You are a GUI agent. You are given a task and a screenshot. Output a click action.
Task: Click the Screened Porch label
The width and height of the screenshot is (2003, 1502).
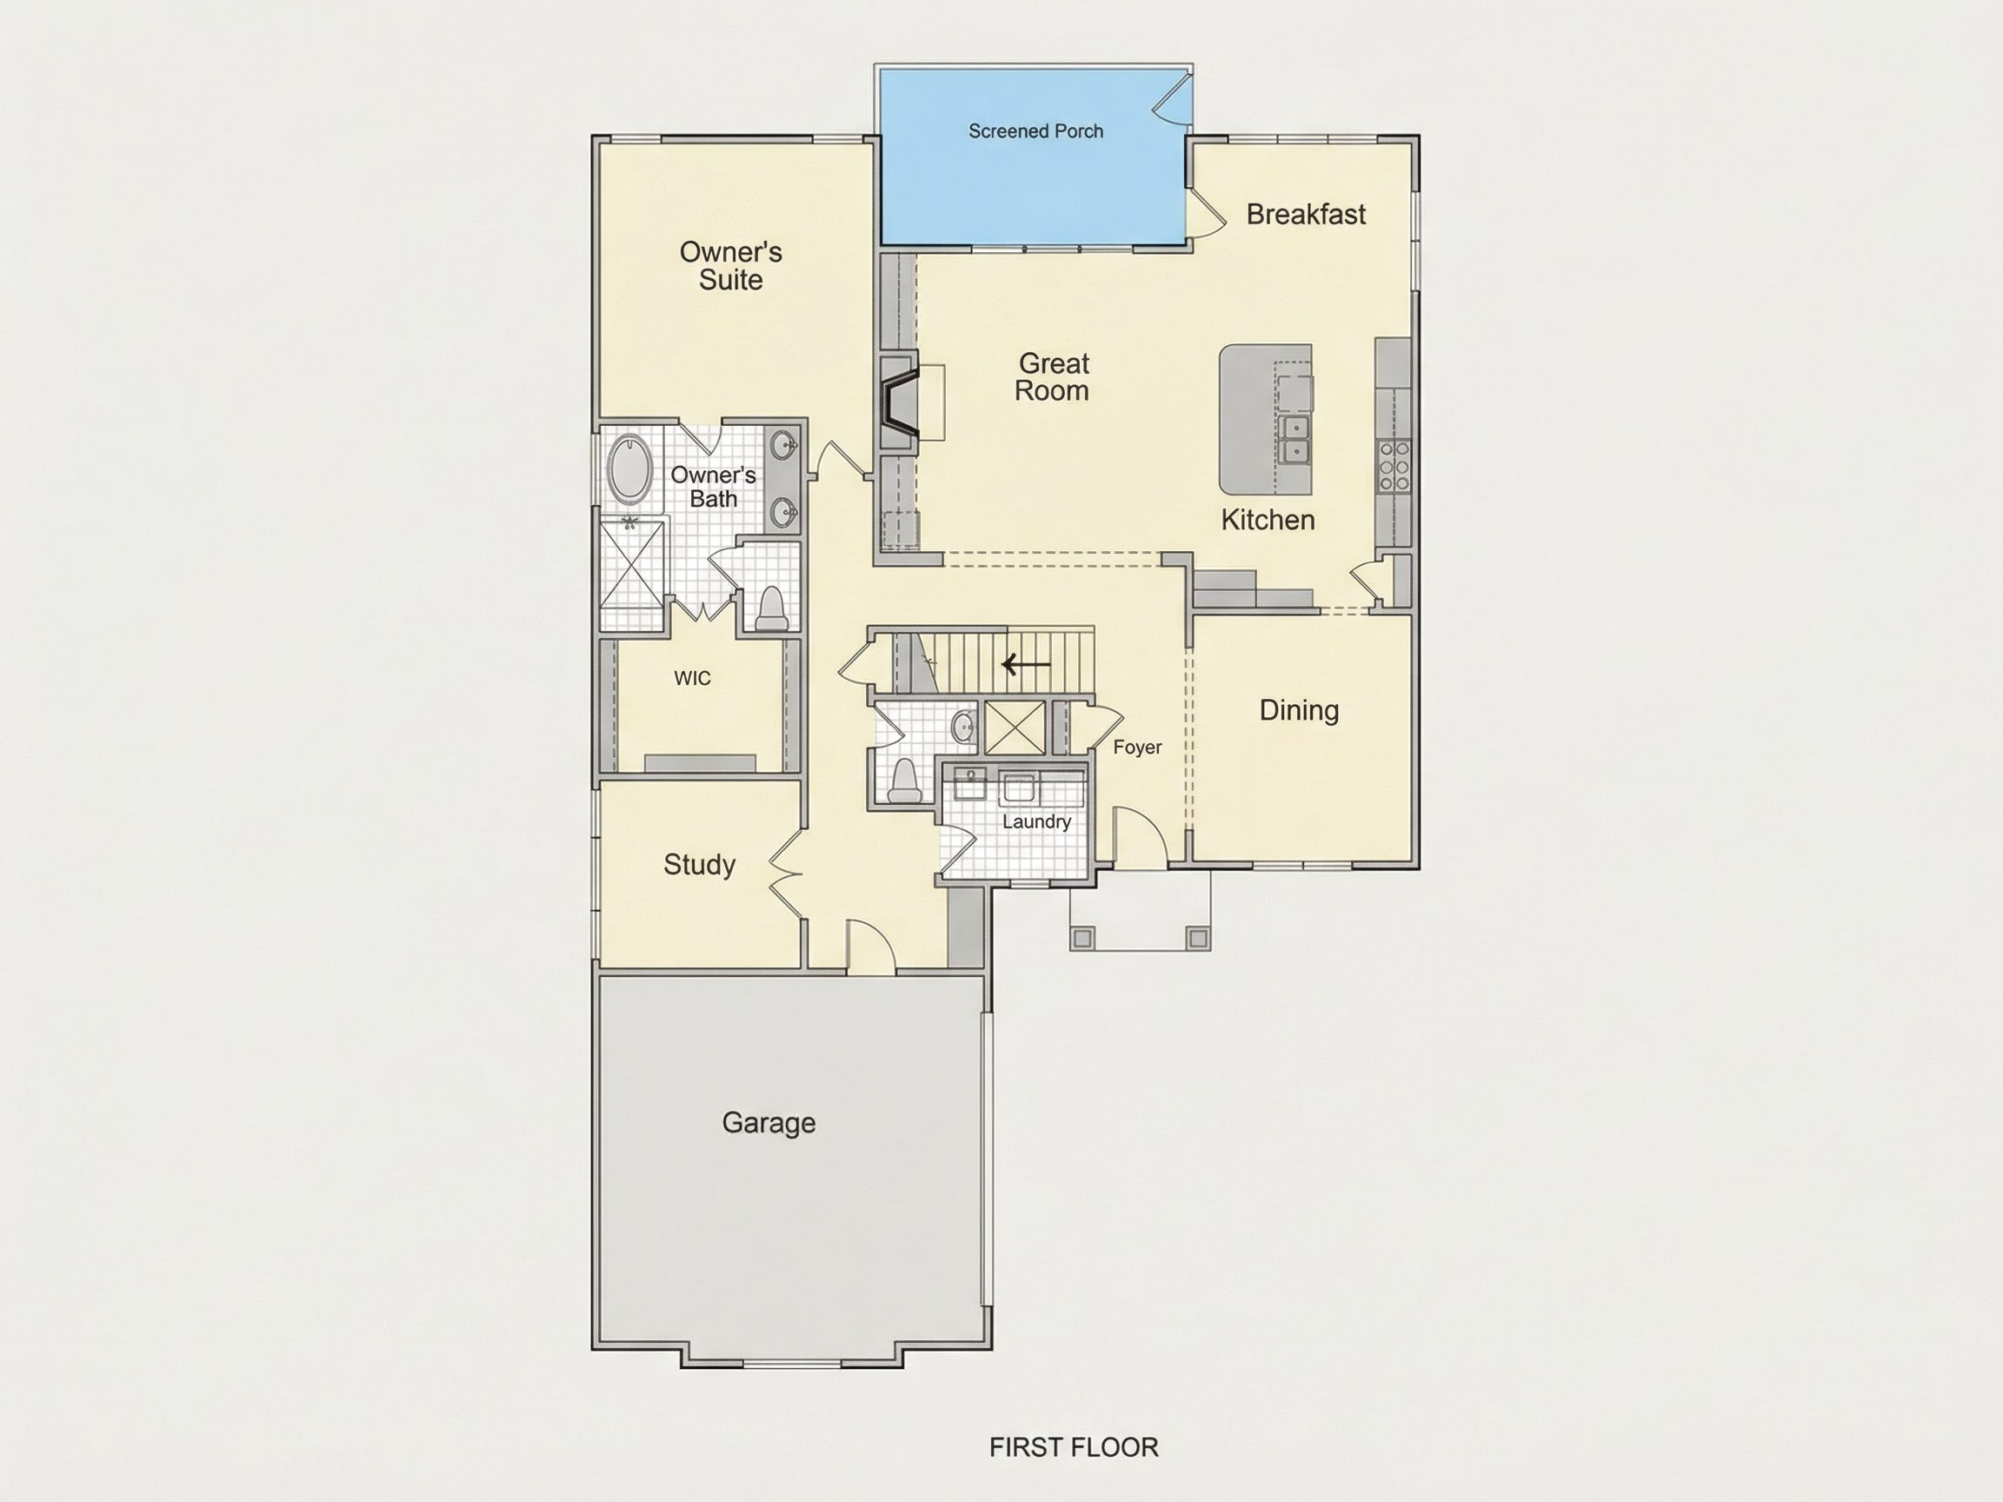click(x=1036, y=131)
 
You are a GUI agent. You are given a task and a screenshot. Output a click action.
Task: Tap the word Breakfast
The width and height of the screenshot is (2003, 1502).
click(x=1306, y=215)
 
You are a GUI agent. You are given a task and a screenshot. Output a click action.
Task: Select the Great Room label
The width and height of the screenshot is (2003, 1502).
click(x=1052, y=376)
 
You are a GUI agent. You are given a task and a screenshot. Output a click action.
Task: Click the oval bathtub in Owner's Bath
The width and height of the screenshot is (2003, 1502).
click(x=628, y=469)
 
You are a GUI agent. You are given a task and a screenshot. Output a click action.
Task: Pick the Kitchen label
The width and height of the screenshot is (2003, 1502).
click(x=1268, y=520)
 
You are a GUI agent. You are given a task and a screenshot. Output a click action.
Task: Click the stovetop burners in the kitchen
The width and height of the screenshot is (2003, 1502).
click(x=1394, y=465)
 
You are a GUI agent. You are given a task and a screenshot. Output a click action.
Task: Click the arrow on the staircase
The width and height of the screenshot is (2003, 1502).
click(x=1026, y=666)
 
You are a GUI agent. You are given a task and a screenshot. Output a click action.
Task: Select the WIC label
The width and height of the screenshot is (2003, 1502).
click(x=692, y=678)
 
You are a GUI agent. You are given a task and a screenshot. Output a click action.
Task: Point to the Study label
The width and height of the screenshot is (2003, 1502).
click(x=699, y=865)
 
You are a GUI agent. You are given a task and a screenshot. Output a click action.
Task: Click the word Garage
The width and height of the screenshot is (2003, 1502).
click(x=769, y=1123)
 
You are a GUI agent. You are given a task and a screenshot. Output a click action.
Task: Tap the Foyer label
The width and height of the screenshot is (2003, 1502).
click(x=1137, y=748)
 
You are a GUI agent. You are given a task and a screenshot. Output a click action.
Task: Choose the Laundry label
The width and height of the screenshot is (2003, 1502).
click(x=1037, y=822)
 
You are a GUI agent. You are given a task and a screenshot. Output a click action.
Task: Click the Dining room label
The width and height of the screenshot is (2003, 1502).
click(x=1299, y=711)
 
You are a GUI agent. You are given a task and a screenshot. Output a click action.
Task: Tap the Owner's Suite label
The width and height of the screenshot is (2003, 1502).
click(x=731, y=265)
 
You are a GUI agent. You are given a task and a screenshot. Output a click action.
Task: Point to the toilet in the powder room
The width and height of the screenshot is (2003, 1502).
click(x=904, y=781)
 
